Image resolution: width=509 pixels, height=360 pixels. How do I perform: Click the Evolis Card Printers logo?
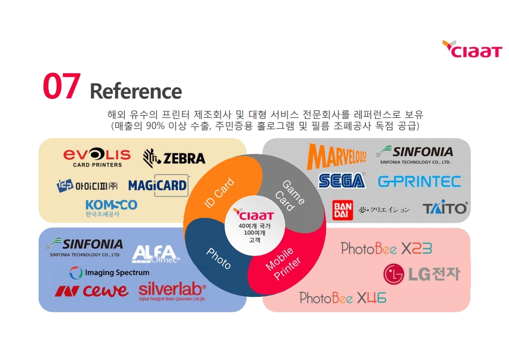tap(97, 158)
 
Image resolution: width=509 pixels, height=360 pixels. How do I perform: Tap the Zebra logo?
tap(174, 158)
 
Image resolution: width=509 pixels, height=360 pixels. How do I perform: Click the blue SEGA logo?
tap(342, 181)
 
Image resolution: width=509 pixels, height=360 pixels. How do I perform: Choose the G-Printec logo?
tap(419, 182)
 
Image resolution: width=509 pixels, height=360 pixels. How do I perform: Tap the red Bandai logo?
tap(343, 210)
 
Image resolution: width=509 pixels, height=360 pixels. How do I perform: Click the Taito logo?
tap(445, 208)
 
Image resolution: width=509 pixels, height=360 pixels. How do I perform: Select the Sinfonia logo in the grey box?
tap(415, 154)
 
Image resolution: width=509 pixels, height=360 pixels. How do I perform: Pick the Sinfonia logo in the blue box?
tap(84, 247)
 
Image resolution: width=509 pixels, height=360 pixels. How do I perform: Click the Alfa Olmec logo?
tap(155, 254)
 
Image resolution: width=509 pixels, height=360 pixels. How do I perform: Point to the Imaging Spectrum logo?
tap(109, 273)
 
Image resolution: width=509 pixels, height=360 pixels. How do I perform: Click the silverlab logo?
tap(172, 291)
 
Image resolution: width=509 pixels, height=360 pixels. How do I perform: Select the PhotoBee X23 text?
tap(386, 249)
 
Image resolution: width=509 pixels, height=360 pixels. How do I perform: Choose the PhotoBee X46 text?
tap(343, 298)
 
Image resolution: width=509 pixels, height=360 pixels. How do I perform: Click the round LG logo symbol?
tap(394, 274)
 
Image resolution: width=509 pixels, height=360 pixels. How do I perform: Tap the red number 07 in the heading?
tap(62, 86)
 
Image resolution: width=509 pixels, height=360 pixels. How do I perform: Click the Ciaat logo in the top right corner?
tap(472, 49)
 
